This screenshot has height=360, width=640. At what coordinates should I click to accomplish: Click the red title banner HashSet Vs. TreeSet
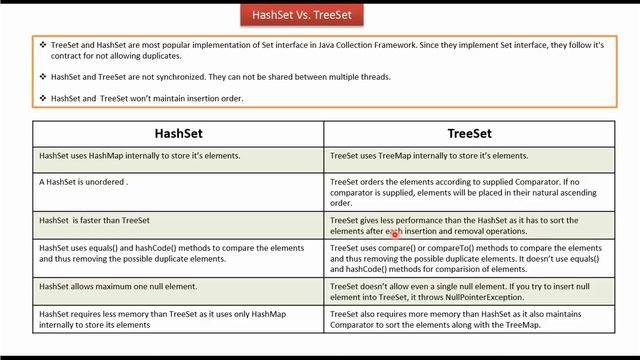pos(302,16)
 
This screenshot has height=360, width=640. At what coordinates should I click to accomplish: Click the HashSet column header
pos(180,133)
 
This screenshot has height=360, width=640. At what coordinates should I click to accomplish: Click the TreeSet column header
pos(468,133)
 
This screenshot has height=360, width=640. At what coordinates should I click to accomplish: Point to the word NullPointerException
pos(485,297)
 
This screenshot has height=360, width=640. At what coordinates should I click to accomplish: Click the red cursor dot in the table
pos(395,233)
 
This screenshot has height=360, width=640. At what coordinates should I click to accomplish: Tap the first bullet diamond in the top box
pos(43,45)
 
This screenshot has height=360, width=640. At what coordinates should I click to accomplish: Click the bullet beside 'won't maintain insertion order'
pos(43,98)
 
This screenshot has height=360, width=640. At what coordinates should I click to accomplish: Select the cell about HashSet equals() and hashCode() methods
pos(178,252)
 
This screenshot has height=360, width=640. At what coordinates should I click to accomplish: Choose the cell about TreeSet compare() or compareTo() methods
pos(468,257)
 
